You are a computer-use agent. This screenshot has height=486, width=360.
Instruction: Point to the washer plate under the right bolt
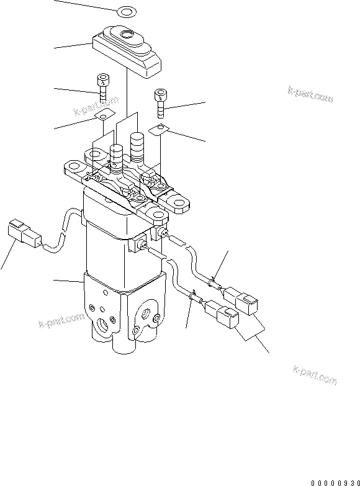coord(159,129)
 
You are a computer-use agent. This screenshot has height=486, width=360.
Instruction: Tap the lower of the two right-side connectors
coord(220,315)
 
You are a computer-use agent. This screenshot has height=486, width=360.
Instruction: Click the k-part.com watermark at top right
coord(311,94)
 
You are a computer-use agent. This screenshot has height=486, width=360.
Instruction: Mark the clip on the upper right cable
coord(214,282)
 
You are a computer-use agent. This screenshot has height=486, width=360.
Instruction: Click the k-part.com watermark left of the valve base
coord(61,320)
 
